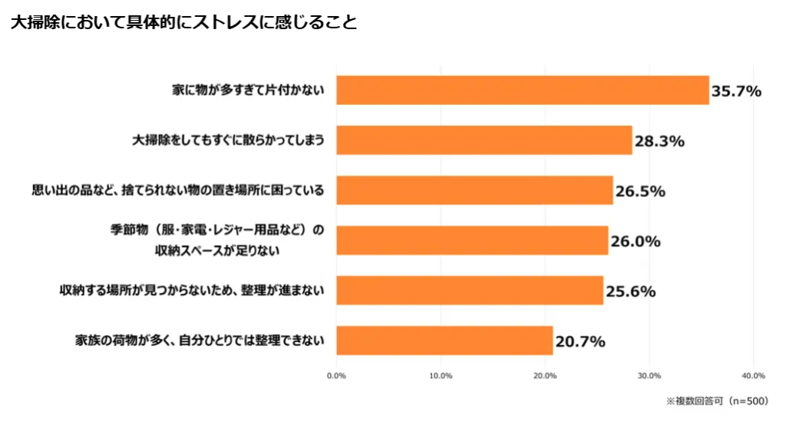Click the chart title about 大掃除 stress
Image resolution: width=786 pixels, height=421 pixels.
pyautogui.click(x=184, y=22)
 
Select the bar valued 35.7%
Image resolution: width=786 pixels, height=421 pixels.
pyautogui.click(x=522, y=90)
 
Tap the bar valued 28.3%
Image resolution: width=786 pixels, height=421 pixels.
pyautogui.click(x=484, y=140)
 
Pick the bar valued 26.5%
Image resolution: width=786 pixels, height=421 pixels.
pyautogui.click(x=474, y=190)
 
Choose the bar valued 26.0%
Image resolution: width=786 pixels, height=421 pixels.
pyautogui.click(x=472, y=240)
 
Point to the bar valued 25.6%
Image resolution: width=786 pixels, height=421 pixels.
pyautogui.click(x=470, y=291)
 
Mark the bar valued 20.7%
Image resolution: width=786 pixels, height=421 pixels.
pyautogui.click(x=444, y=340)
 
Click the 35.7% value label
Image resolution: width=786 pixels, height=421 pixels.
pyautogui.click(x=736, y=91)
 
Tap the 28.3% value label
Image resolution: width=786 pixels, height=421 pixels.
pyautogui.click(x=659, y=141)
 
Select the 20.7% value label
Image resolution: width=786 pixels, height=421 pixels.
pyautogui.click(x=580, y=341)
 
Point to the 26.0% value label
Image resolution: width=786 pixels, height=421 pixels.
pyautogui.click(x=636, y=242)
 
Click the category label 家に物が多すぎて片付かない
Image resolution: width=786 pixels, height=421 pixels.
pyautogui.click(x=248, y=90)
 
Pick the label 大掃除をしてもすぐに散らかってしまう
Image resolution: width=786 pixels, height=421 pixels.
pyautogui.click(x=229, y=140)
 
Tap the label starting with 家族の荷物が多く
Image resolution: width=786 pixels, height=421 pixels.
pyautogui.click(x=200, y=340)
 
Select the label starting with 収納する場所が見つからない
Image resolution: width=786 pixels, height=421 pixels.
pyautogui.click(x=192, y=291)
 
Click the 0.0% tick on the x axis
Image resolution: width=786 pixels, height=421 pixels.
pyautogui.click(x=336, y=376)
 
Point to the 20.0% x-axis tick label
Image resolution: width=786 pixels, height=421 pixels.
pyautogui.click(x=544, y=376)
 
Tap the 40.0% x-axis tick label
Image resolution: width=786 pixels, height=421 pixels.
pyautogui.click(x=753, y=376)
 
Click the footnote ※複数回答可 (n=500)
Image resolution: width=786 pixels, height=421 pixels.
pyautogui.click(x=717, y=400)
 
